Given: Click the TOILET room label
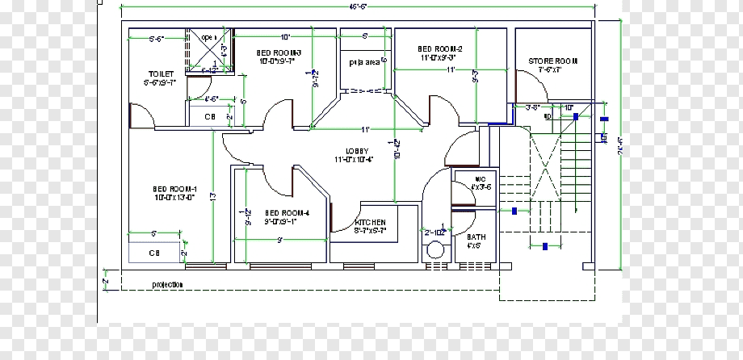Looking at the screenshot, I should [161, 73].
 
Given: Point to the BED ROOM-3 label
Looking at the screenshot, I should [278, 52].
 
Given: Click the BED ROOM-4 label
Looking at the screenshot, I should [286, 214].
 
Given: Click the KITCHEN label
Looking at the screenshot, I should [370, 222].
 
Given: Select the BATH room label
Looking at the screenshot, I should [476, 237].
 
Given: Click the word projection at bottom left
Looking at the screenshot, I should [167, 284].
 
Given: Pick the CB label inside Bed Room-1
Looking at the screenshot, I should [153, 253].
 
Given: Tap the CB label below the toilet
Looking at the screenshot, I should [209, 117].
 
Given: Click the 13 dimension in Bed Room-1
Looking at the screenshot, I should [212, 196].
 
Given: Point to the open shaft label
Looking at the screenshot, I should [208, 37].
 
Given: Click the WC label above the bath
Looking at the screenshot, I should [479, 178].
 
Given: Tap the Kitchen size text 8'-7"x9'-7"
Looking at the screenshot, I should [370, 231].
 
